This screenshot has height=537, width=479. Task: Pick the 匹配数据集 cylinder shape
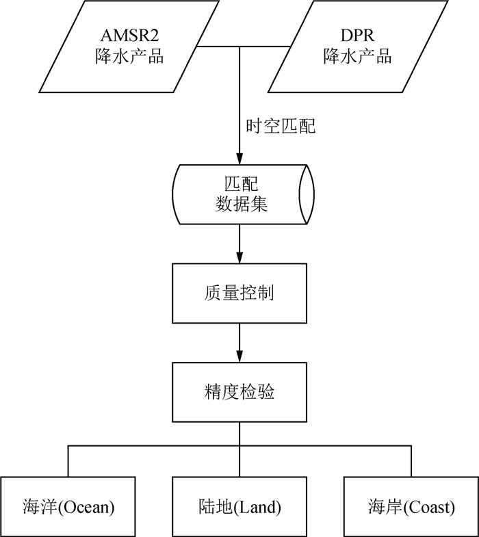pos(239,194)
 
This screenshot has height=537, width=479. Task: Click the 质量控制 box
pos(239,293)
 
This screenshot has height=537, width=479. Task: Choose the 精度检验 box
pos(239,392)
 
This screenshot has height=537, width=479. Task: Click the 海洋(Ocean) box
pos(68,507)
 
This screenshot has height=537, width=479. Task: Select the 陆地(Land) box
pos(239,507)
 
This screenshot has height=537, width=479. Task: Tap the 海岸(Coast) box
pos(411,507)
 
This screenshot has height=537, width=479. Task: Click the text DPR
pos(357,36)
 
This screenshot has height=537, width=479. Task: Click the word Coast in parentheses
pos(430,508)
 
